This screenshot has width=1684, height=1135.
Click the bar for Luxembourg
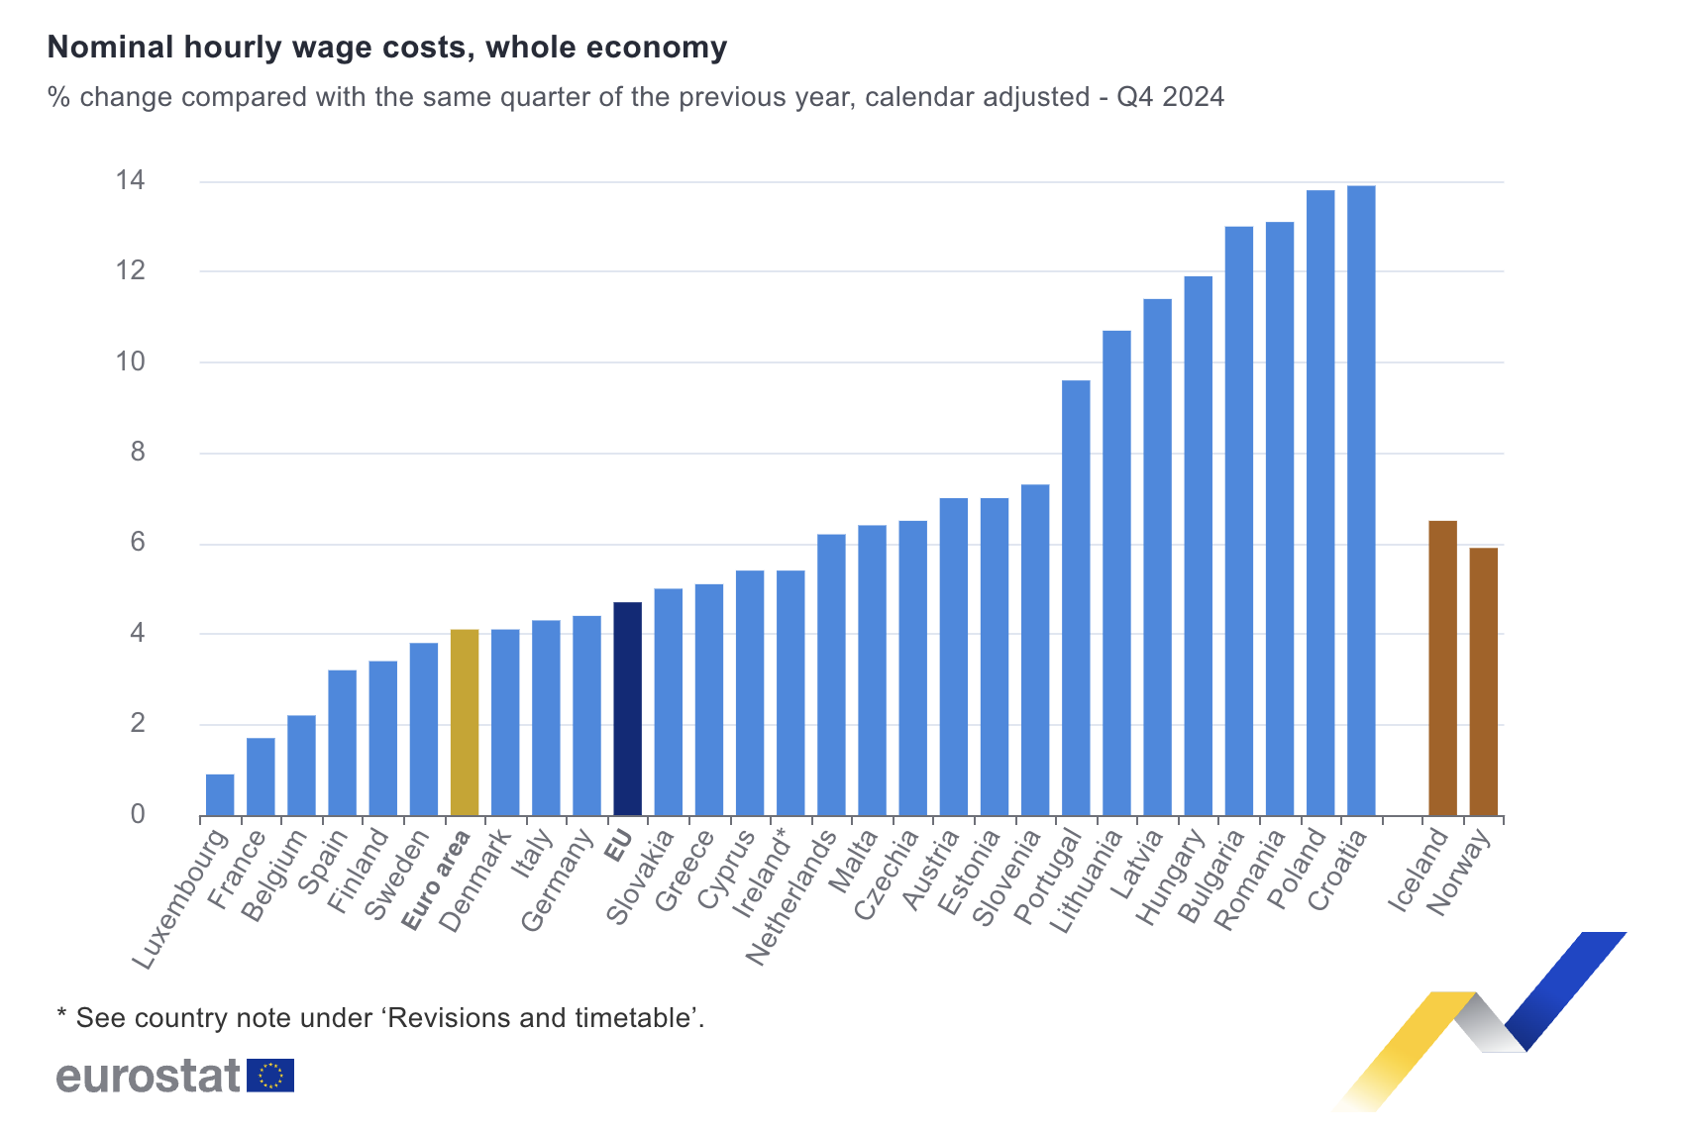(x=220, y=795)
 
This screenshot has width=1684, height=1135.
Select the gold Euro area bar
(x=465, y=723)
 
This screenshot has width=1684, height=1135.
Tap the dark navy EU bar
(x=627, y=709)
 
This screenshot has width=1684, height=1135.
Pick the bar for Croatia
(x=1361, y=501)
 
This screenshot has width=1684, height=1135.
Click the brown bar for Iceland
(x=1442, y=669)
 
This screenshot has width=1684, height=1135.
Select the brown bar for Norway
(x=1483, y=682)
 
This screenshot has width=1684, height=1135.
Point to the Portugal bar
(x=1076, y=598)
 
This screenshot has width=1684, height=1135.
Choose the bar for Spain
(x=342, y=743)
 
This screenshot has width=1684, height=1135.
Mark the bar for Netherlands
(x=831, y=675)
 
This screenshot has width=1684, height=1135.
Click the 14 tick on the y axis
(x=130, y=181)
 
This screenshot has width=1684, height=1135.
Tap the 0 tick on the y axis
(x=137, y=814)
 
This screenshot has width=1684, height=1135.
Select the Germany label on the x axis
(x=558, y=881)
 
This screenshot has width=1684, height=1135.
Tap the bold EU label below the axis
(x=619, y=846)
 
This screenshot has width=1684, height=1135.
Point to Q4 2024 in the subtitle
(x=1170, y=97)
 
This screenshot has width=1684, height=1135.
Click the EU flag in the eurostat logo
(x=270, y=1076)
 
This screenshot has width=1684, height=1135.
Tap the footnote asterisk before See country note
(x=61, y=1015)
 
